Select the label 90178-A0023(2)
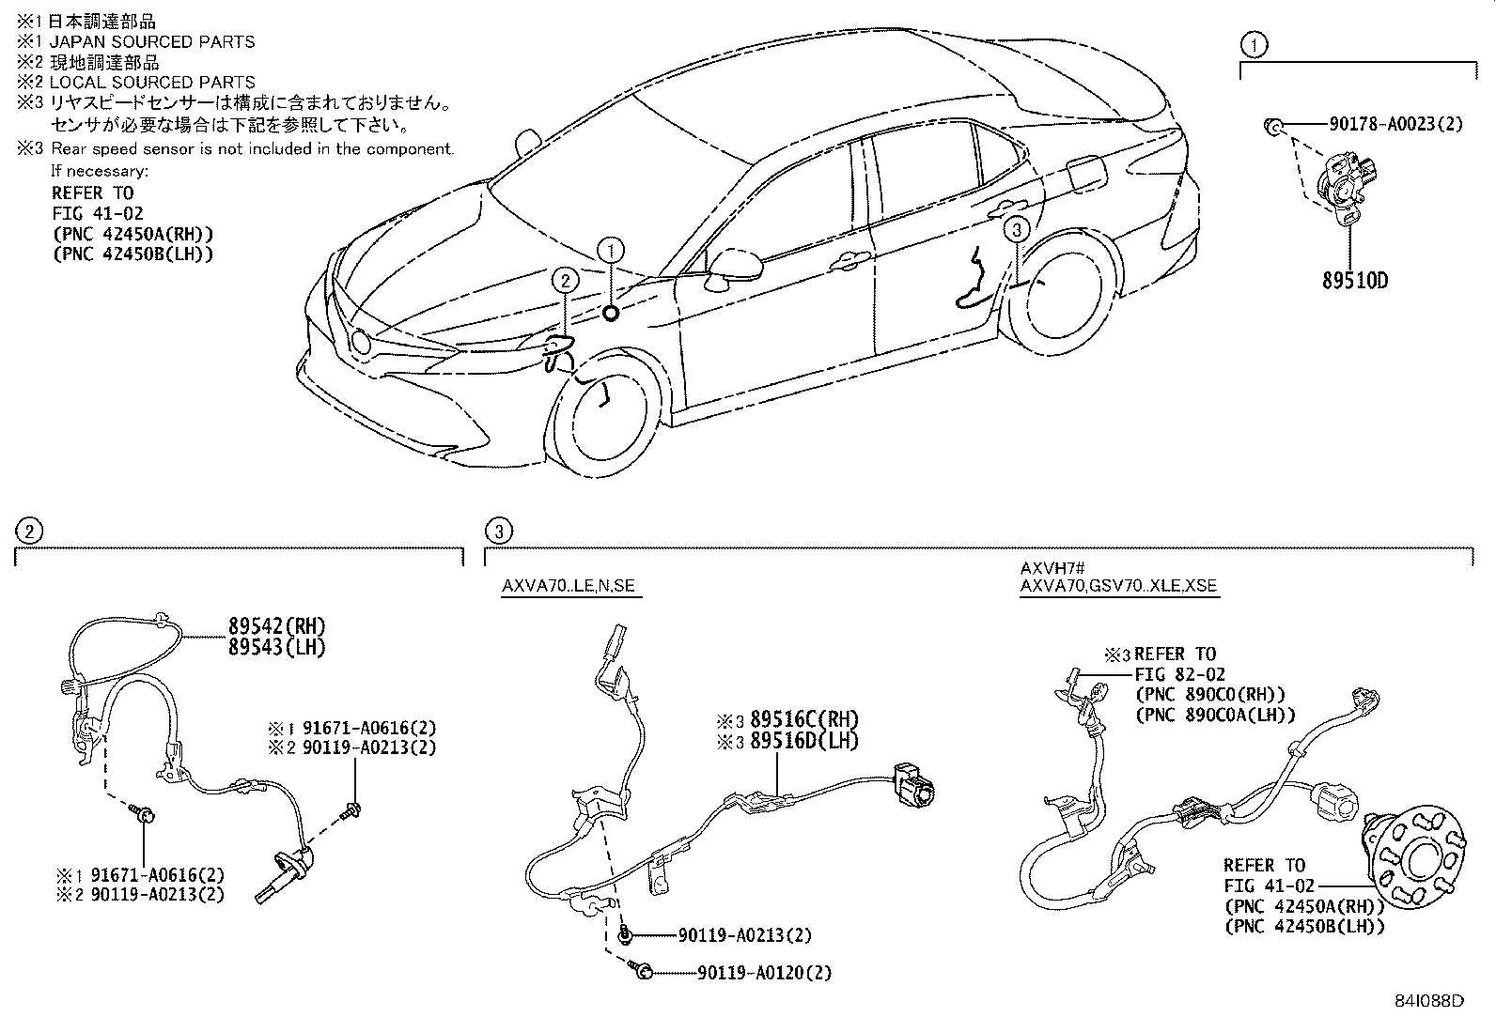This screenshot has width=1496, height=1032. pos(1395,124)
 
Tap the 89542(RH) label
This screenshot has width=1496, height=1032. pos(276,626)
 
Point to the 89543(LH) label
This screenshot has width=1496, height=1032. pos(276,647)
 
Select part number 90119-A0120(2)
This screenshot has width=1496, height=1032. pos(764,974)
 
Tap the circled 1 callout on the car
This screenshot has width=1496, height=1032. pos(611,251)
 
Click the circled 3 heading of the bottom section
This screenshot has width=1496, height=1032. pos(499,531)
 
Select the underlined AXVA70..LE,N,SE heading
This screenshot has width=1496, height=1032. pos(568,586)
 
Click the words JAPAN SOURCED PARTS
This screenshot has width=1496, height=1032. pos(152,41)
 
